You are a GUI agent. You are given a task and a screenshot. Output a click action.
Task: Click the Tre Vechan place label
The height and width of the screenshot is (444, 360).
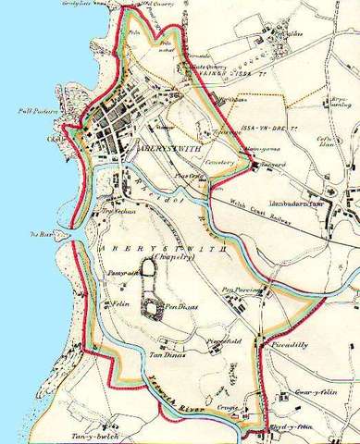coord(118,210)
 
